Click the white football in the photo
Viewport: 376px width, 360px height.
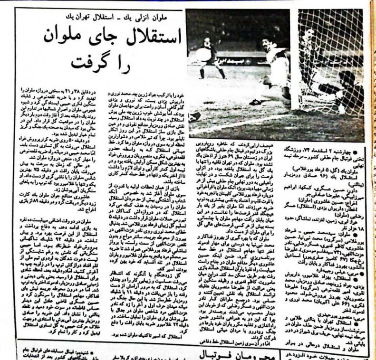(x=203, y=53)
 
